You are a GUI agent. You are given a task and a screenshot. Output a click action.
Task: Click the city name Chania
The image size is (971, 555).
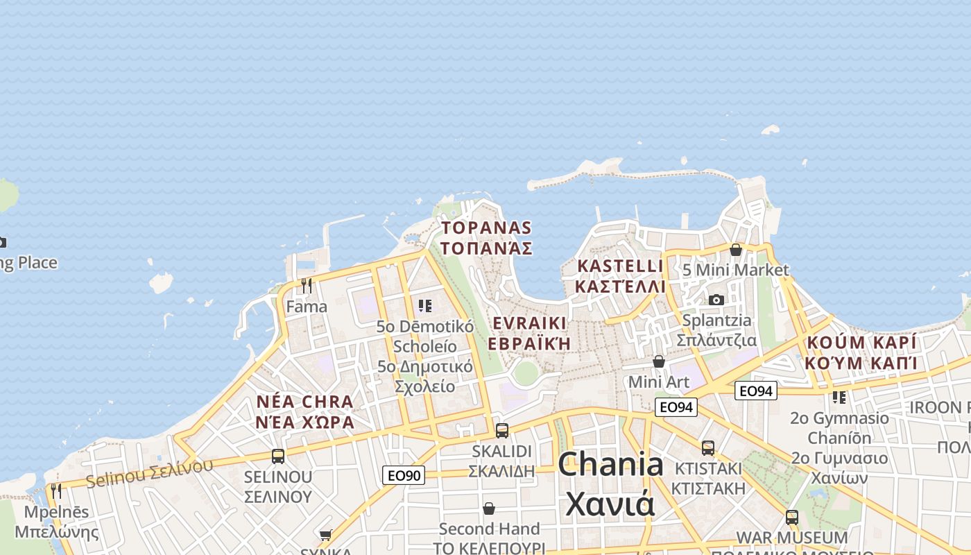coord(610,465)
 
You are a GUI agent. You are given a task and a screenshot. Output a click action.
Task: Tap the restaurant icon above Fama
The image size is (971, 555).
coord(307,285)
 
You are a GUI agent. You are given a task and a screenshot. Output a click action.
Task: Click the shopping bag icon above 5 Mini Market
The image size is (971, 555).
coord(736,250)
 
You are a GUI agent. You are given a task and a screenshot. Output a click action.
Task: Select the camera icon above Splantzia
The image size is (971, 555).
coord(716,300)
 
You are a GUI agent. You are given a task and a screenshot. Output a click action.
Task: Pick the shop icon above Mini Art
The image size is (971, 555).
coord(659,361)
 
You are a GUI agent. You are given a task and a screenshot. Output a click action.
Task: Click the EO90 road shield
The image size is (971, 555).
coord(403,475)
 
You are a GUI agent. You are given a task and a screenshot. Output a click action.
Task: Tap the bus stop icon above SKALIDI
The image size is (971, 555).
coord(502,430)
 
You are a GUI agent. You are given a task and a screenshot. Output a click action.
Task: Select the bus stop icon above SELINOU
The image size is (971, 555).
coord(278,456)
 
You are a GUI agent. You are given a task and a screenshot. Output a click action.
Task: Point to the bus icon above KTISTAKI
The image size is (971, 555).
coord(707,448)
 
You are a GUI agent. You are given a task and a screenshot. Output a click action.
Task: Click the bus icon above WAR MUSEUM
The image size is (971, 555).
coord(791,517)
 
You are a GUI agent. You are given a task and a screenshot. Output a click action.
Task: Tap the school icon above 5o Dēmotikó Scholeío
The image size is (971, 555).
coord(425,305)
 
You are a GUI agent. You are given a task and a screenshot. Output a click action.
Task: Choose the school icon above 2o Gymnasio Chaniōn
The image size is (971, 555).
coord(839,398)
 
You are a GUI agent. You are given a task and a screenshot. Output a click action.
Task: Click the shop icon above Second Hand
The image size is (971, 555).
coord(489,509)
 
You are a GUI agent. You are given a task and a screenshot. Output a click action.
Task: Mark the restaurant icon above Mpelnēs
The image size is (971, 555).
coord(56,490)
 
